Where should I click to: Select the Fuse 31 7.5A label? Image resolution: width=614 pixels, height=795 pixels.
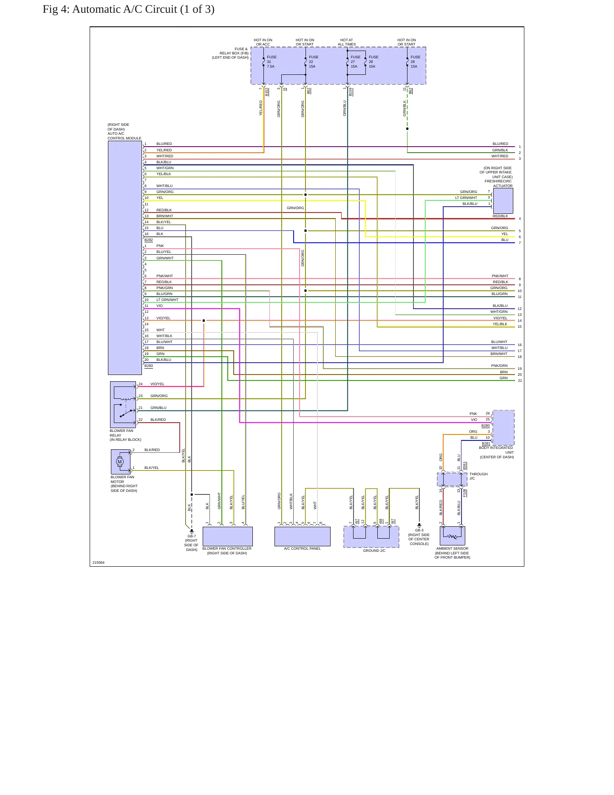(x=272, y=62)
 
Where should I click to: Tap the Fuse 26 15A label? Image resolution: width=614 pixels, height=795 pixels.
(x=415, y=62)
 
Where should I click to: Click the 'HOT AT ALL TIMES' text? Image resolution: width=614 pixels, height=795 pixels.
(x=347, y=42)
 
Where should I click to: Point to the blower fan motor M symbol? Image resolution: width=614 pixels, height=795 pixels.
(x=119, y=462)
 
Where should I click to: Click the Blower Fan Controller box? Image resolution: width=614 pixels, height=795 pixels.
(x=228, y=537)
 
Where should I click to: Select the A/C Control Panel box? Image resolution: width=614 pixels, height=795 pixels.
(x=303, y=537)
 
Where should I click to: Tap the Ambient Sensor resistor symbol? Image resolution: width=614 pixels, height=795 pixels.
(x=453, y=537)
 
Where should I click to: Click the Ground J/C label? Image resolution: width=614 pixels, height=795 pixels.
(x=374, y=551)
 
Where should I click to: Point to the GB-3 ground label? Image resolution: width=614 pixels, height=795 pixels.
(x=419, y=530)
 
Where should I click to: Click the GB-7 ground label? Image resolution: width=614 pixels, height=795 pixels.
(x=192, y=536)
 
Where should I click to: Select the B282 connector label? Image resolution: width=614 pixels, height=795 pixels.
(x=149, y=240)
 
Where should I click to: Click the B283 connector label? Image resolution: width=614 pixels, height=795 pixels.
(x=149, y=366)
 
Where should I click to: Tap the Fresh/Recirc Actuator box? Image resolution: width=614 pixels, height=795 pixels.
(x=503, y=201)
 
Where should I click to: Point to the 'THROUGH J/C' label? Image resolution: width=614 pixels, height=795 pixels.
(x=478, y=476)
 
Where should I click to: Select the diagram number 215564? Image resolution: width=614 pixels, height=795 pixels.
(x=99, y=562)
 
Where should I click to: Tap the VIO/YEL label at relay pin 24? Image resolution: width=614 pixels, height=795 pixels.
(x=157, y=384)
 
